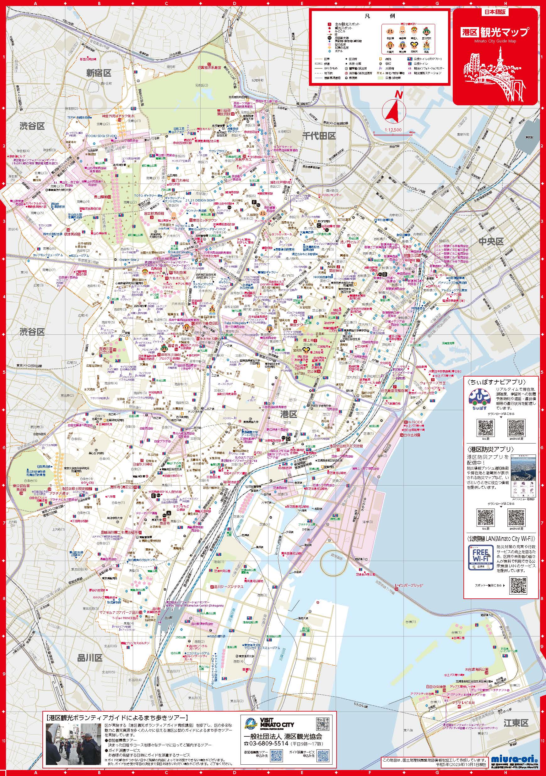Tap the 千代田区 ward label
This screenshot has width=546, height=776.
click(319, 136)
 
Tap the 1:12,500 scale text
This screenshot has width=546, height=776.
click(393, 129)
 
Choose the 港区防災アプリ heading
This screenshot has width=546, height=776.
click(491, 449)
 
